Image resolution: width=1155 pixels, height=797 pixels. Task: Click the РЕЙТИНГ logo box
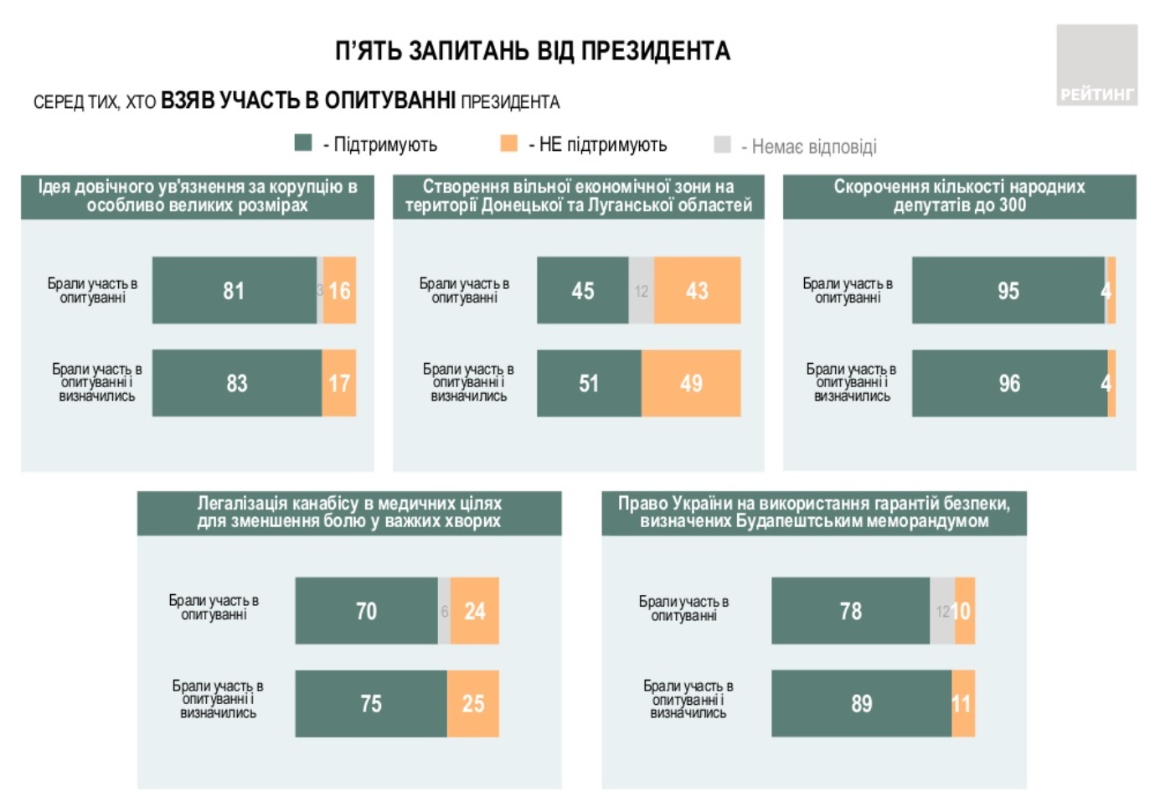1096,65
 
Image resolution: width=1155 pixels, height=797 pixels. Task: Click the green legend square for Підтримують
303,143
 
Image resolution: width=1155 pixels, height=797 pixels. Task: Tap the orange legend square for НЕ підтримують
508,143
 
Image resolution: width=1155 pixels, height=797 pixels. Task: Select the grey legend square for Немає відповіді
722,144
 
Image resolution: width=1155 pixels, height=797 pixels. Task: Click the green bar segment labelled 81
235,290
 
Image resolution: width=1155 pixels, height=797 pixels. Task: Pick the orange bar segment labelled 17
339,383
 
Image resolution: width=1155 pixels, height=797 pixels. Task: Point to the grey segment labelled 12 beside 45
642,290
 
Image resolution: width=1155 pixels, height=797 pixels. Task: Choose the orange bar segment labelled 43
697,290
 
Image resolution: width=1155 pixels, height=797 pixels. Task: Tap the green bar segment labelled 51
589,383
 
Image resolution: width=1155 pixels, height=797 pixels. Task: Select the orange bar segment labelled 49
691,383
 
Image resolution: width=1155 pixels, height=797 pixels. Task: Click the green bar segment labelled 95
1008,290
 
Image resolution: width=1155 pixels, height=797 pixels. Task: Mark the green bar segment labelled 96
1009,383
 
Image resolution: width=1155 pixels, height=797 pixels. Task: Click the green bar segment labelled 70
366,610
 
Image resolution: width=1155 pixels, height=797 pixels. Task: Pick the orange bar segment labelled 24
475,610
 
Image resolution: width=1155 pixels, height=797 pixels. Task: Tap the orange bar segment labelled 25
473,703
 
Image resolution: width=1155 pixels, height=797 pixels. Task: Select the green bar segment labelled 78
850,610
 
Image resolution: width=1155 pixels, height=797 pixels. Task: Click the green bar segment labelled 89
861,703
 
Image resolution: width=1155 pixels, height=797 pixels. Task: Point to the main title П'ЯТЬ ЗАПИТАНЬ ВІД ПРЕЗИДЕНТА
533,51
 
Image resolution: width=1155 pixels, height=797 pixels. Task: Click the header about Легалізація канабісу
349,512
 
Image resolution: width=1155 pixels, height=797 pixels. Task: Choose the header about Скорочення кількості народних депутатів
959,196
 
